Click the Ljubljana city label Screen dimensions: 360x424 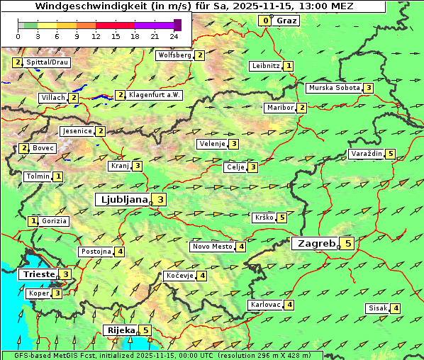coord(123,200)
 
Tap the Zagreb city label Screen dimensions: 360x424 coord(316,244)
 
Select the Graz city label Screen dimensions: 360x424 coord(286,21)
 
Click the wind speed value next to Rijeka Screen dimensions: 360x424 coord(146,330)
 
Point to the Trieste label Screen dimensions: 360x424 coord(38,274)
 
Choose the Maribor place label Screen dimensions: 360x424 coord(279,108)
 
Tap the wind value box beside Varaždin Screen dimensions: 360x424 coord(391,154)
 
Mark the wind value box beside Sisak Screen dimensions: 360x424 coord(396,308)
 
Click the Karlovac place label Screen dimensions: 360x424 coord(265,305)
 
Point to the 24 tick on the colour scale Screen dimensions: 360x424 coord(174,36)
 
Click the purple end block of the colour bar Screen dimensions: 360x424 coord(177,25)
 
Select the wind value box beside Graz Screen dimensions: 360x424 coord(265,21)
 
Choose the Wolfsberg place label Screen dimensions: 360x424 coord(174,55)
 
